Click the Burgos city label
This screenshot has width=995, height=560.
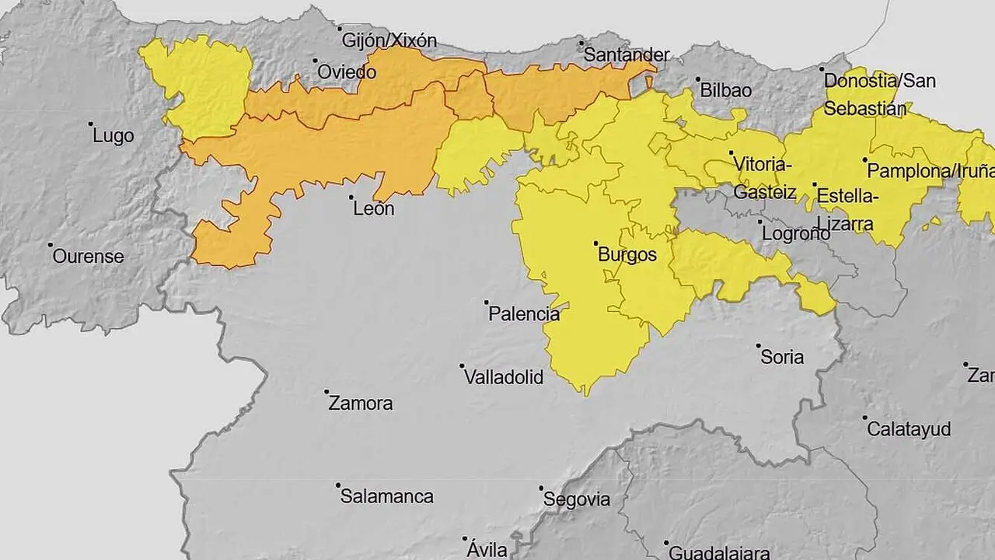[627, 255]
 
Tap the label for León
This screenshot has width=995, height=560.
[373, 209]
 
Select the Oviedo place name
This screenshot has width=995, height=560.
[347, 72]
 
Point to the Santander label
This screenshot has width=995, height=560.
[626, 55]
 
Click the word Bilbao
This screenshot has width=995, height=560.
[726, 90]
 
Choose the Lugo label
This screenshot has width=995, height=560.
[113, 136]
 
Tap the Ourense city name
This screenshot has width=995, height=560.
[88, 257]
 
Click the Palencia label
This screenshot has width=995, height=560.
[524, 315]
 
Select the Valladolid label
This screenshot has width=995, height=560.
[503, 378]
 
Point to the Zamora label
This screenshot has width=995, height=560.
[361, 404]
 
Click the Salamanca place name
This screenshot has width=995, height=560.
[387, 497]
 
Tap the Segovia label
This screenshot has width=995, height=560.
[577, 500]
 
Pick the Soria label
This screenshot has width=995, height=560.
[782, 358]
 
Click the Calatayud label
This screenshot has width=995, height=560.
[909, 429]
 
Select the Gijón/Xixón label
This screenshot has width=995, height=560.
[389, 40]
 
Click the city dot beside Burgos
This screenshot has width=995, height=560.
[596, 243]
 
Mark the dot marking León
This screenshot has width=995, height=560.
[351, 198]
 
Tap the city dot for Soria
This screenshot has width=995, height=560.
[759, 345]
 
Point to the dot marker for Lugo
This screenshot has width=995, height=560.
[91, 124]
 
